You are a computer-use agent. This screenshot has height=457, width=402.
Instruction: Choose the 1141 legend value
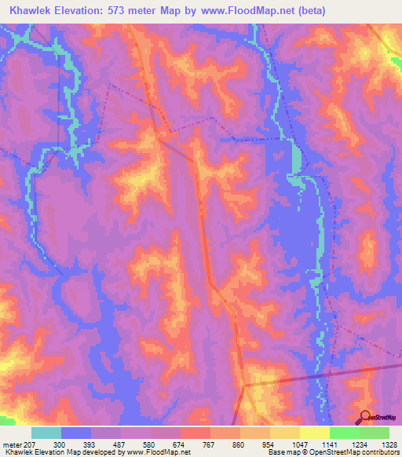click(330, 444)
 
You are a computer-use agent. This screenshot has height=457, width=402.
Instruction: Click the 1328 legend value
click(389, 444)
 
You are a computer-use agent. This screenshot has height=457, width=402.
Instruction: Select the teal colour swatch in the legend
click(46, 433)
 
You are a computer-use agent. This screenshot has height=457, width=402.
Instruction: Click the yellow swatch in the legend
click(314, 433)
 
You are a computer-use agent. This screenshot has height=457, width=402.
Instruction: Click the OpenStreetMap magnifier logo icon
click(365, 417)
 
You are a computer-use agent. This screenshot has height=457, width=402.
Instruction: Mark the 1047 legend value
click(300, 444)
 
